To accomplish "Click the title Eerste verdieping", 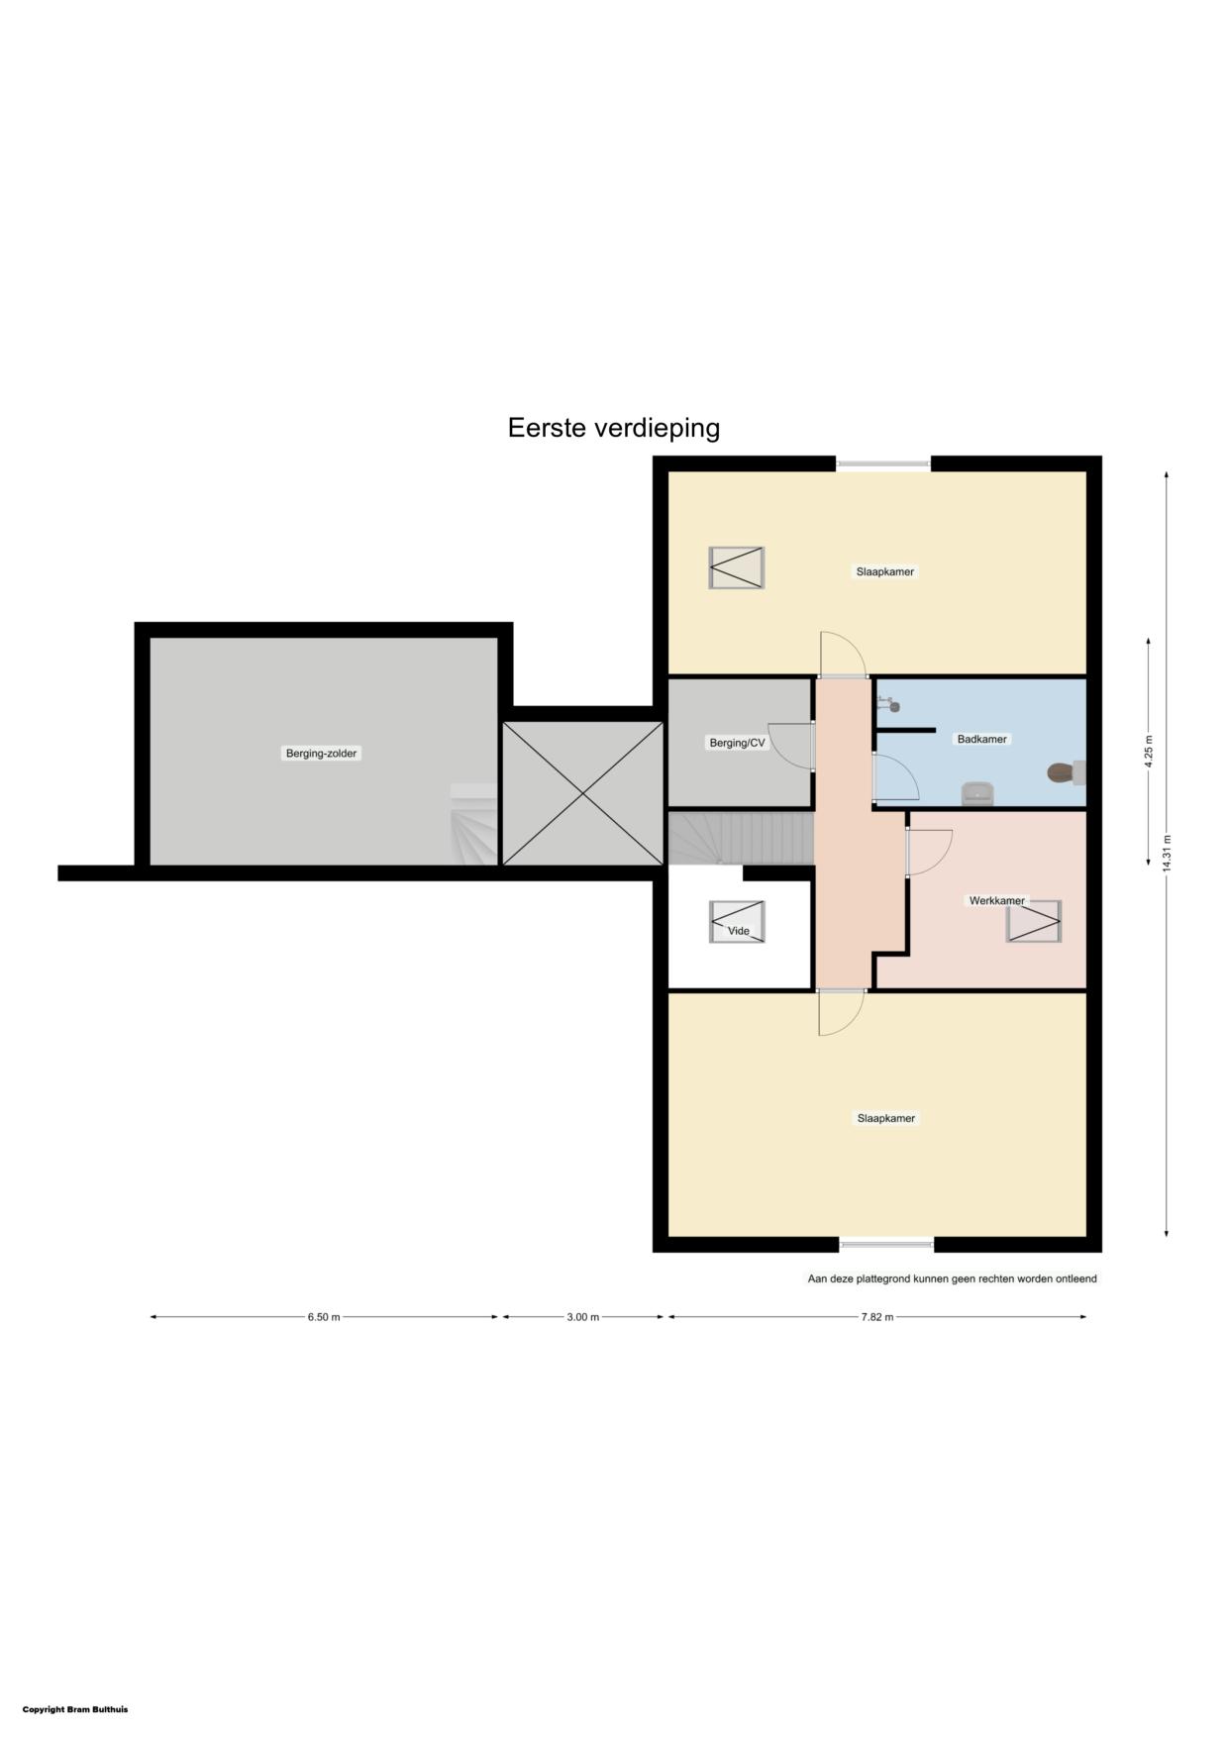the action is pyautogui.click(x=614, y=428).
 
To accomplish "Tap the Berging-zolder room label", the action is pyautogui.click(x=322, y=754).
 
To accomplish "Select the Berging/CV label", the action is pyautogui.click(x=737, y=743).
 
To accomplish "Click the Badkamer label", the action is pyautogui.click(x=981, y=739).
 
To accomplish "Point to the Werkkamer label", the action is pyautogui.click(x=997, y=900).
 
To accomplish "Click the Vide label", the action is pyautogui.click(x=739, y=931).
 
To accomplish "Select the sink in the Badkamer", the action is pyautogui.click(x=977, y=793).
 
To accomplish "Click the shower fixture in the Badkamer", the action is pyautogui.click(x=887, y=704).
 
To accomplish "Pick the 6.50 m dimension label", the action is pyautogui.click(x=324, y=1317).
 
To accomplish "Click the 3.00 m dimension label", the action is pyautogui.click(x=583, y=1317).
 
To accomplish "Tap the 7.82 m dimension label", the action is pyautogui.click(x=877, y=1317).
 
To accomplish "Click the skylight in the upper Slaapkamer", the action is pyautogui.click(x=737, y=567).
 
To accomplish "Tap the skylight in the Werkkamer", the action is pyautogui.click(x=1034, y=921).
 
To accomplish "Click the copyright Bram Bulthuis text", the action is pyautogui.click(x=75, y=1709).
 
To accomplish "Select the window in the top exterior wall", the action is pyautogui.click(x=883, y=462).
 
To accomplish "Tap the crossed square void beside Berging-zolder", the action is pyautogui.click(x=583, y=793).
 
